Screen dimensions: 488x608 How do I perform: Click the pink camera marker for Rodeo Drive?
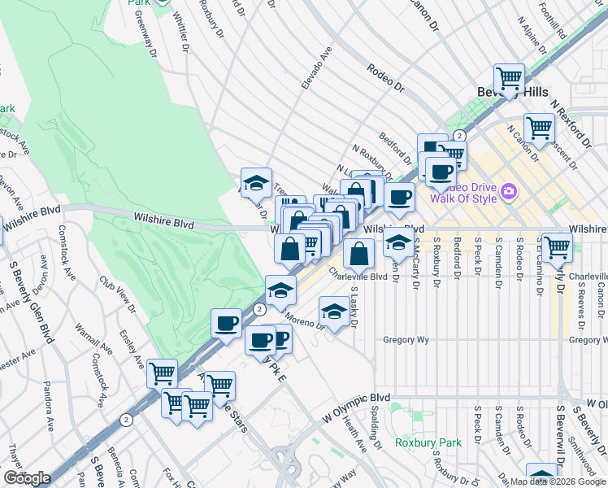click(510, 191)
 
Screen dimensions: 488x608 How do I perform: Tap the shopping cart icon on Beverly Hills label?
click(509, 80)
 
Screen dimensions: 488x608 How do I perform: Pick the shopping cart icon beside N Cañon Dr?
click(539, 128)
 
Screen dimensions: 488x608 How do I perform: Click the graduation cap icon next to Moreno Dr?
click(333, 312)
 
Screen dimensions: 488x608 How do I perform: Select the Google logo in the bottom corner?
click(27, 477)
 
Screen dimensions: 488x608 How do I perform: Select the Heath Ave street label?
click(354, 432)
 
